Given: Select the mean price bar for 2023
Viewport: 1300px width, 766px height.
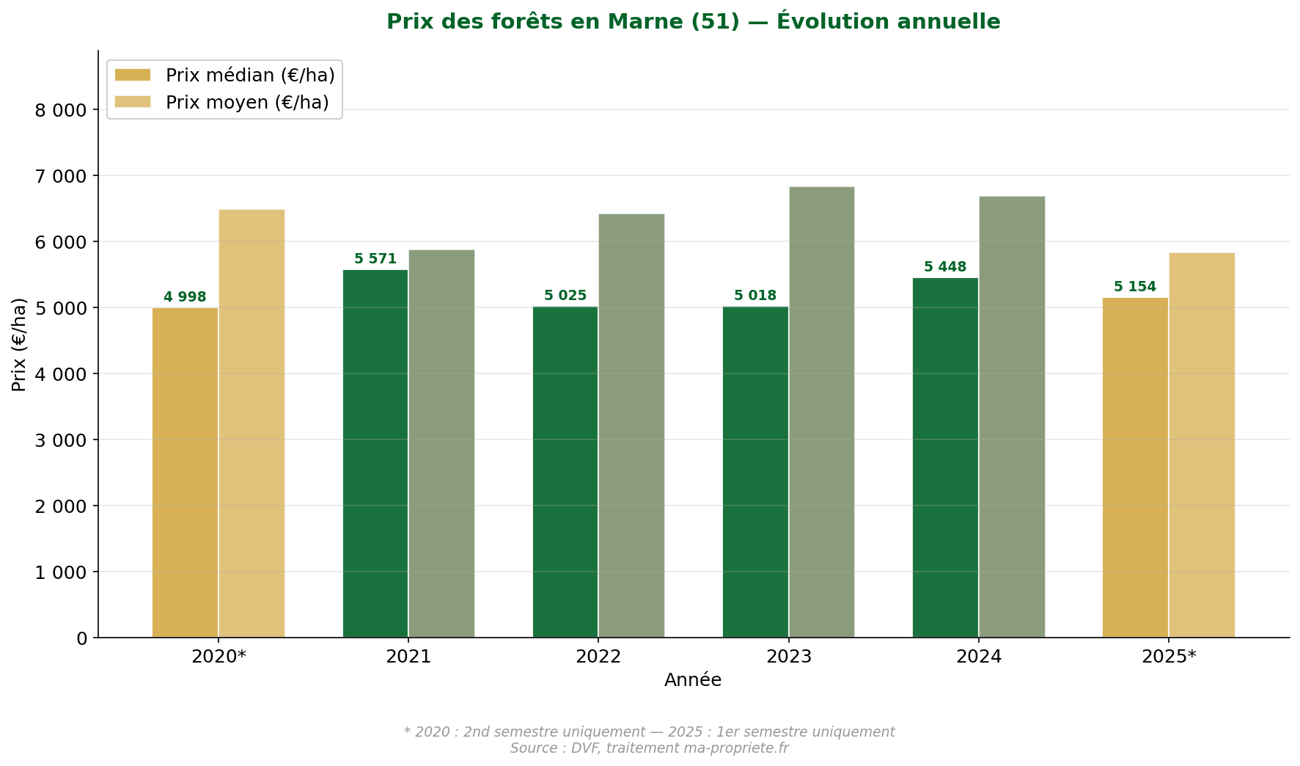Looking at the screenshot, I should click(x=821, y=412).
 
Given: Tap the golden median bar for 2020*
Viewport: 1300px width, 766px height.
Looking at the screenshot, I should click(x=185, y=473).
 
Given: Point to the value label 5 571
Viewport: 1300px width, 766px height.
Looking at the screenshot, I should click(x=375, y=259).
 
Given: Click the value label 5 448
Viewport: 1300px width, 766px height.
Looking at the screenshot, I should click(x=945, y=267).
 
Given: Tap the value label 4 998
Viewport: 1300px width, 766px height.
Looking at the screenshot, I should click(x=185, y=297).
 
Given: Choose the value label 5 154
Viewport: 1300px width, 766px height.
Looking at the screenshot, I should click(x=1135, y=287).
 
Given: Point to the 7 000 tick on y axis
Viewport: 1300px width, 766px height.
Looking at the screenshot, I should click(x=61, y=176).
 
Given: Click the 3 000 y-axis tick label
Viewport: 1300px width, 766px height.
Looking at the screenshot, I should click(x=61, y=440).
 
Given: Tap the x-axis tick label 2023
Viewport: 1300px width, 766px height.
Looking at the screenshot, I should click(x=788, y=657).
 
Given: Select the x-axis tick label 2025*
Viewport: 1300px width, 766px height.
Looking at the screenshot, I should click(x=1169, y=657).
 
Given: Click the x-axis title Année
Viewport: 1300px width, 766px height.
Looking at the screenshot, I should click(x=693, y=680).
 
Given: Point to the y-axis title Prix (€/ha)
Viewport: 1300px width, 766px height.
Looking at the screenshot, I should click(x=19, y=344).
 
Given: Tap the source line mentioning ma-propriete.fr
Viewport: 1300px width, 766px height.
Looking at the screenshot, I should click(x=649, y=748).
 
